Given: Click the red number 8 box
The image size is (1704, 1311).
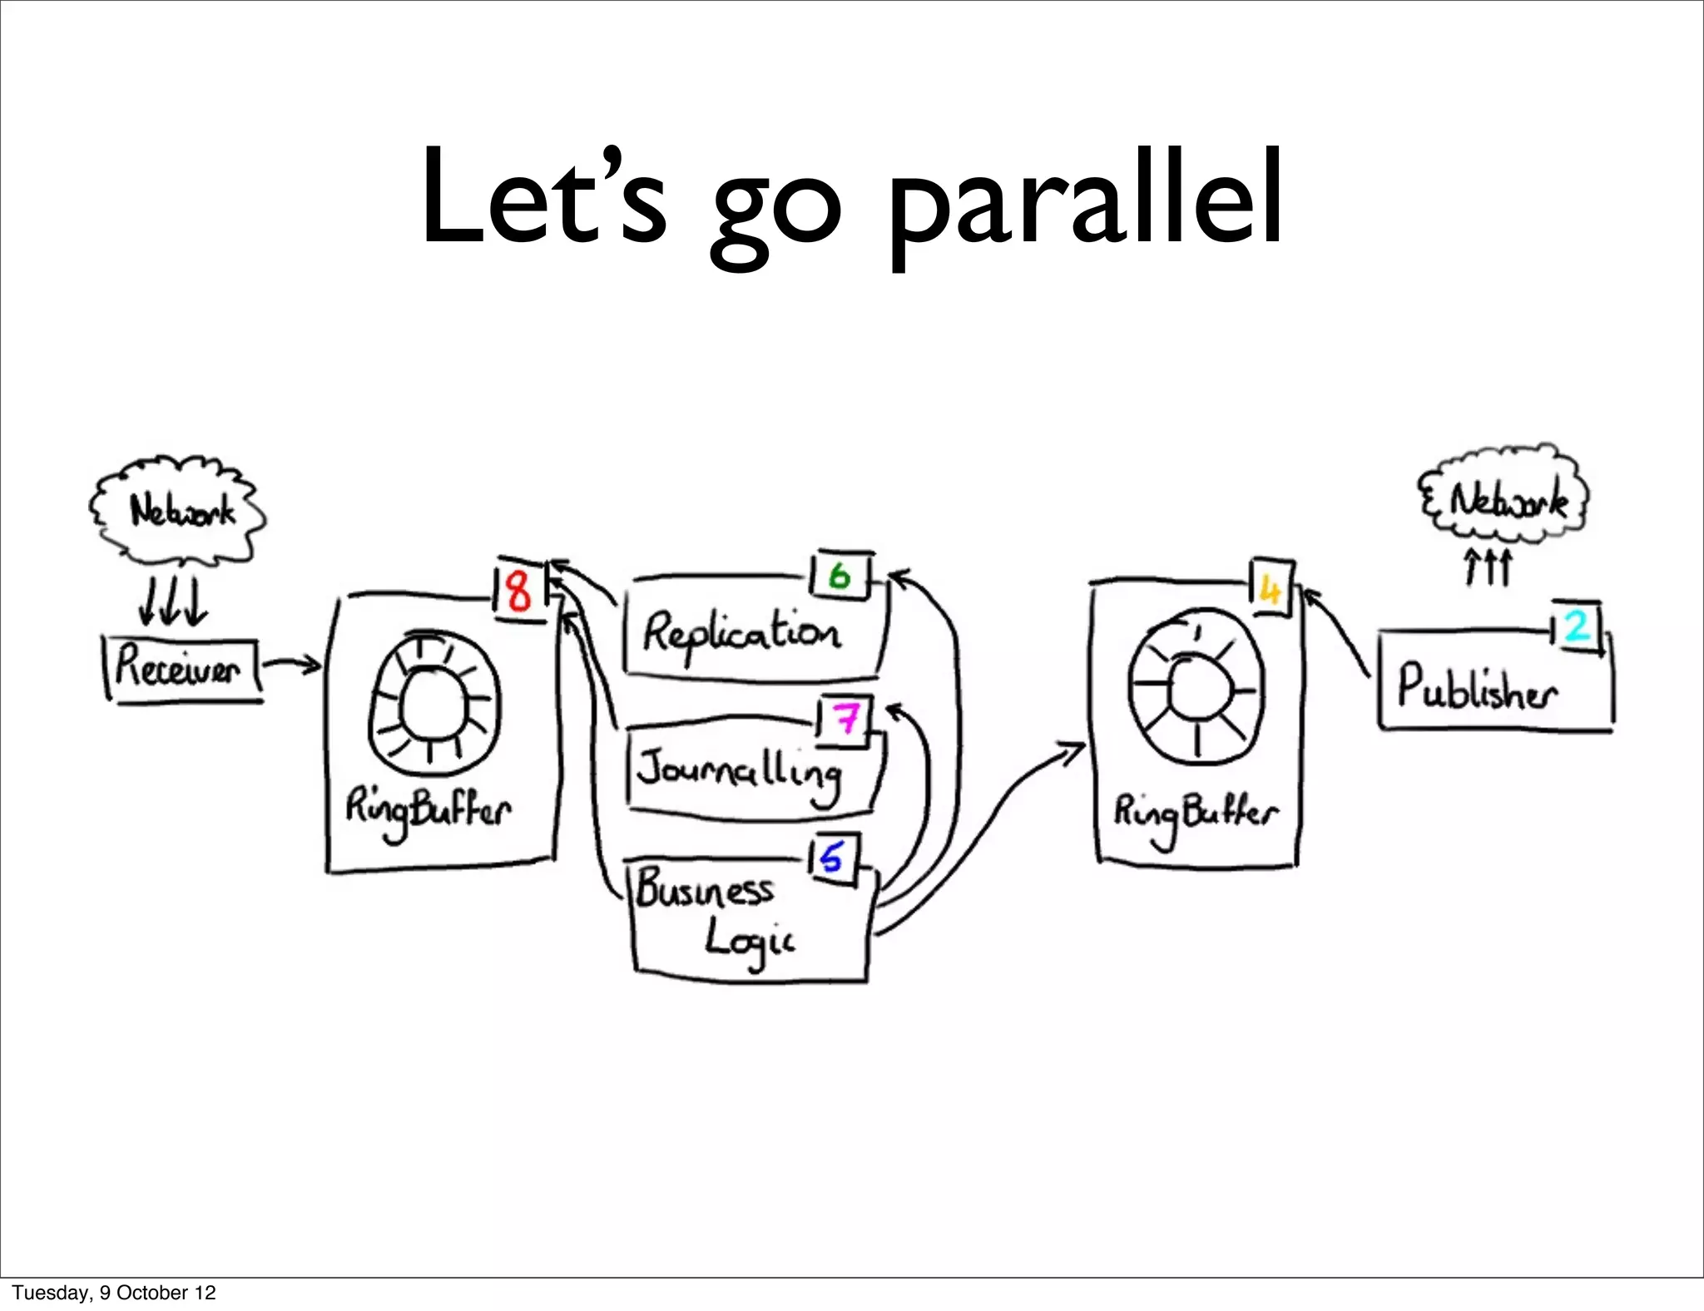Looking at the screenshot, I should pos(518,591).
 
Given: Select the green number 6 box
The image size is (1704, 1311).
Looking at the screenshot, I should pos(840,575).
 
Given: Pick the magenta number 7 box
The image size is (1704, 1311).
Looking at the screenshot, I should pos(846,717).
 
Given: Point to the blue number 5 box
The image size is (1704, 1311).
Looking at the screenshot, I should pos(832,857).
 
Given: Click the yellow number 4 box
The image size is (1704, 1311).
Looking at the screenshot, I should pos(1270,590).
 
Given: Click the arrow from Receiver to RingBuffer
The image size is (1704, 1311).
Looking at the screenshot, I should pos(292,664).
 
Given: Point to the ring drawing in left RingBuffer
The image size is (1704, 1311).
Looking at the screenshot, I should pos(434,705).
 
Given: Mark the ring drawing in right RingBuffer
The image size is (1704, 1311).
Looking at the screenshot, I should pos(1196,690).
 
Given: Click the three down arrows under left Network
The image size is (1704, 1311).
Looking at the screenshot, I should pos(173,602).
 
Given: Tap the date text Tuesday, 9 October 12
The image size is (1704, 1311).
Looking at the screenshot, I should pos(114,1292).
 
